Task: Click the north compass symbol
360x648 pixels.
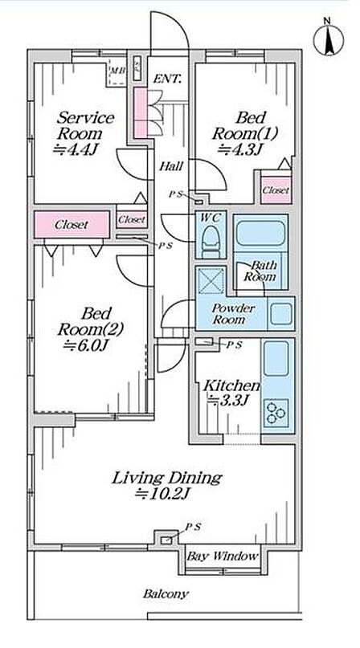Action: point(328,39)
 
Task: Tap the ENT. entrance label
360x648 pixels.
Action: point(167,79)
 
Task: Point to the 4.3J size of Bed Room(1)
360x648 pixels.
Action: point(239,149)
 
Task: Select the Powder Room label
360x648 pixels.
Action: point(233,314)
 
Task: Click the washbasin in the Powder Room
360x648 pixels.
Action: point(281,314)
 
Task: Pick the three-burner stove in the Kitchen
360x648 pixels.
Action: point(275,412)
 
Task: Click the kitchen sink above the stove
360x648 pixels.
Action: point(276,358)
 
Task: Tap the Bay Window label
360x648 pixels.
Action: point(223,556)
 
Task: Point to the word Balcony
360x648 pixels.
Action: point(166,594)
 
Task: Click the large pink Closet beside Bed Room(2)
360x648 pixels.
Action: point(72,224)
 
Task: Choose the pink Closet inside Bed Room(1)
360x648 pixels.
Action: point(276,190)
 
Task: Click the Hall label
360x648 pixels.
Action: point(171,167)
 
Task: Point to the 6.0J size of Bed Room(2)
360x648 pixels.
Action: point(86,345)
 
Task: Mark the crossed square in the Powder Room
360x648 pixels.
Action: point(211,281)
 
